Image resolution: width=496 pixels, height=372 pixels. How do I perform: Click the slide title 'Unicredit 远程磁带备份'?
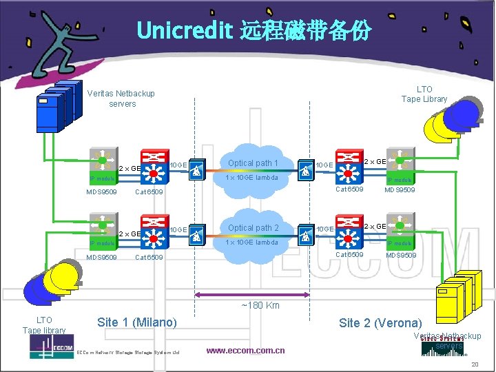point(254,30)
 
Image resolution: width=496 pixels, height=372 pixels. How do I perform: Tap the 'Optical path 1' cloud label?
point(253,163)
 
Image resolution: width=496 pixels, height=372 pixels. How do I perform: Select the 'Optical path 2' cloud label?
point(253,228)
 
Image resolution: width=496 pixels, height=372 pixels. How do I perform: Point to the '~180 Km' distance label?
point(260,305)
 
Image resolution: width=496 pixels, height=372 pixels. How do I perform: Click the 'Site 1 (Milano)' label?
point(137,322)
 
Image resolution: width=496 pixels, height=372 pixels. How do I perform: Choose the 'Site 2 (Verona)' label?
point(380,323)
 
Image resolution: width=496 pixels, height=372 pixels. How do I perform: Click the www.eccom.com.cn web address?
point(245,351)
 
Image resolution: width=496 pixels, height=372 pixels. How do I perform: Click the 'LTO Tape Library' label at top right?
point(424,94)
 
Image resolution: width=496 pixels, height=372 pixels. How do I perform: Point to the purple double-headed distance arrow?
point(260,296)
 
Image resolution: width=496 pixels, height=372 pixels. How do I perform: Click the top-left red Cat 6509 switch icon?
point(154,163)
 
